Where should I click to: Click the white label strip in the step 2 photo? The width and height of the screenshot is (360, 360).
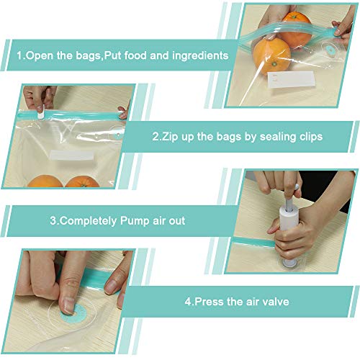(x=69, y=154)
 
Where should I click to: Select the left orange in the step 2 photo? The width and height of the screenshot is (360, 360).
(x=45, y=181)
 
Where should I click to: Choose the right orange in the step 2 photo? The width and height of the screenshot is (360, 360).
(x=83, y=181)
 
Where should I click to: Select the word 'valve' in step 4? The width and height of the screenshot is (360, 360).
(x=274, y=302)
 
